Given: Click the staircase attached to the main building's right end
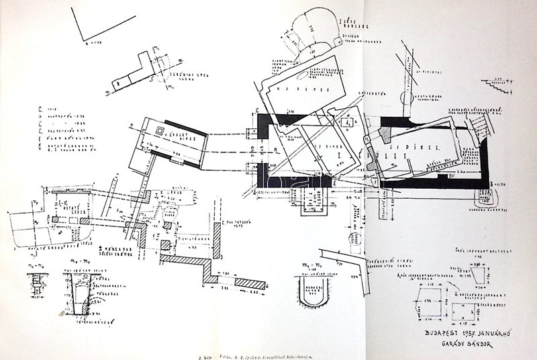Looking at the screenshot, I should tap(479, 127).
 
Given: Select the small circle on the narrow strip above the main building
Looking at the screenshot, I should tap(407, 98).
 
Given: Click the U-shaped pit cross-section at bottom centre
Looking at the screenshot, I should tap(310, 292).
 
